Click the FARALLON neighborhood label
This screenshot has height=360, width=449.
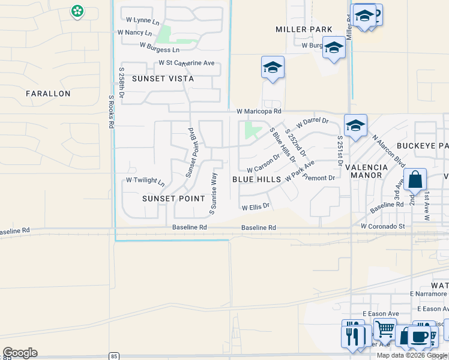pyautogui.click(x=48, y=94)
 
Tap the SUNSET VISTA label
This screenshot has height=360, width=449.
pyautogui.click(x=163, y=79)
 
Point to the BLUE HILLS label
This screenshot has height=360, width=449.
pyautogui.click(x=256, y=179)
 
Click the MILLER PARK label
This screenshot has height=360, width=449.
pyautogui.click(x=304, y=29)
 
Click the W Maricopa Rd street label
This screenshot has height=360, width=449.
pyautogui.click(x=259, y=111)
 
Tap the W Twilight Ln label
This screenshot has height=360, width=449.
pyautogui.click(x=145, y=181)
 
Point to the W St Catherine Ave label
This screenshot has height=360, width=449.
pyautogui.click(x=186, y=63)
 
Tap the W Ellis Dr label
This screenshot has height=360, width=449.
pyautogui.click(x=256, y=207)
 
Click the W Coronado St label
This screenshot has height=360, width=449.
pyautogui.click(x=383, y=227)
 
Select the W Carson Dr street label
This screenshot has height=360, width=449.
pyautogui.click(x=264, y=162)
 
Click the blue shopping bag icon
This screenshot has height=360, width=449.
pyautogui.click(x=415, y=179)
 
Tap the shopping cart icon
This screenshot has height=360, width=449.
pyautogui.click(x=384, y=328)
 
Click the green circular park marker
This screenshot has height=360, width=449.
pyautogui.click(x=77, y=11)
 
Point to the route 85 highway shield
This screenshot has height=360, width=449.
pyautogui.click(x=115, y=356)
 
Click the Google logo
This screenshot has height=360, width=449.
pyautogui.click(x=20, y=353)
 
